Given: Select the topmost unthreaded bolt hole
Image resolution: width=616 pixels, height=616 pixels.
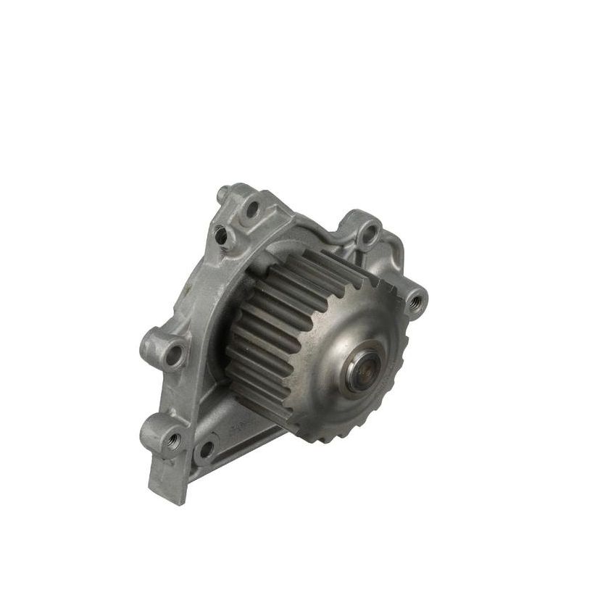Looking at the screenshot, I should (252, 209).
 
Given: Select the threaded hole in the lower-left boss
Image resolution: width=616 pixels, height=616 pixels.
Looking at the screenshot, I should (172, 438).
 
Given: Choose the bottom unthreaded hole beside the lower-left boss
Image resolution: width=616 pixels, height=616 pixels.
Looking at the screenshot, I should (206, 448).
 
